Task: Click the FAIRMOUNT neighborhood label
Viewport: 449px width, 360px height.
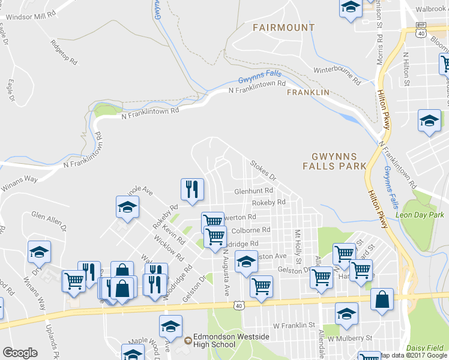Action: [x=283, y=28]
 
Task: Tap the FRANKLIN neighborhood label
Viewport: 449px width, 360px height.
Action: [x=308, y=92]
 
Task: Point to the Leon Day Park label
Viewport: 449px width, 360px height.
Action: [x=420, y=215]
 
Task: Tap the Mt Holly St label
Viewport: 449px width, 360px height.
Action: [x=297, y=246]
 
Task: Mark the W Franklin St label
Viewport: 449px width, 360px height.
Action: [x=294, y=325]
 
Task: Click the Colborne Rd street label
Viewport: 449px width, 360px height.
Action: [x=250, y=230]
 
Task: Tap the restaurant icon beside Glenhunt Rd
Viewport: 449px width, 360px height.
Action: [x=192, y=190]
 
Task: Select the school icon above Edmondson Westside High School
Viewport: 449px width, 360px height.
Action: [x=170, y=327]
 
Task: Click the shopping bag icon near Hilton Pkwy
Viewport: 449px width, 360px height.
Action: [x=382, y=299]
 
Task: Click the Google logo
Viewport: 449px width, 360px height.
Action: [x=20, y=353]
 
